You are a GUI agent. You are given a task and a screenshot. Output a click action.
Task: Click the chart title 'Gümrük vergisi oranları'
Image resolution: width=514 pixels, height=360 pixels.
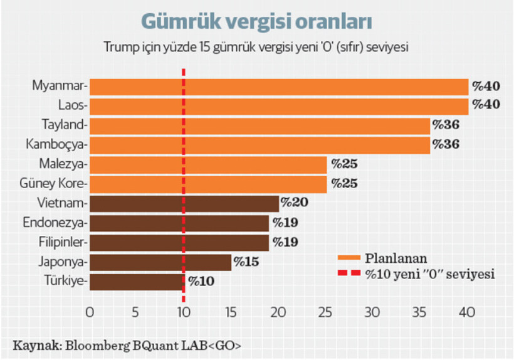pyautogui.click(x=257, y=21)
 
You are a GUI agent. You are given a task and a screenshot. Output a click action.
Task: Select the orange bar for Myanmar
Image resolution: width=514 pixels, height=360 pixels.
pyautogui.click(x=279, y=87)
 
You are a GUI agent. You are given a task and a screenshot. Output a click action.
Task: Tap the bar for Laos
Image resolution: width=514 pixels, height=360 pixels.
pyautogui.click(x=279, y=106)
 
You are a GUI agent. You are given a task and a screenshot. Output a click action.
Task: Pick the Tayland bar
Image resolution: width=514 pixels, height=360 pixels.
pyautogui.click(x=260, y=125)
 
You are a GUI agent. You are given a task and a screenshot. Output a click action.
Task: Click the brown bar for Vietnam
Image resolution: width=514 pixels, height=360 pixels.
pyautogui.click(x=184, y=203)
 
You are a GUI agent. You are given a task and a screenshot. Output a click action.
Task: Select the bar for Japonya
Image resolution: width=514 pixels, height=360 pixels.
pyautogui.click(x=160, y=262)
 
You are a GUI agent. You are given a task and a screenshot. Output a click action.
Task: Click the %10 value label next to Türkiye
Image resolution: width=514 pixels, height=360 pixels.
pyautogui.click(x=200, y=282)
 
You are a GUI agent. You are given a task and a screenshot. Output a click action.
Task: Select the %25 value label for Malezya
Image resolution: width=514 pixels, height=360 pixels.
pyautogui.click(x=344, y=165)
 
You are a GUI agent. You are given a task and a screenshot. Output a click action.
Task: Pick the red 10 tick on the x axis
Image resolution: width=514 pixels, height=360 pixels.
pyautogui.click(x=184, y=312)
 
